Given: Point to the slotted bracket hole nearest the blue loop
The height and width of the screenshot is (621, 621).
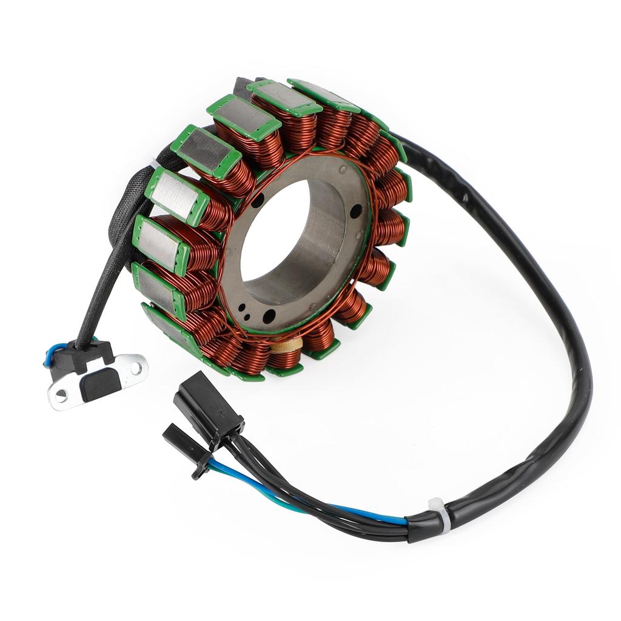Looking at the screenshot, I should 61,395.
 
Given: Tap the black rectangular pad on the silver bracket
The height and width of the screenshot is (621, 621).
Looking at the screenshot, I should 101,384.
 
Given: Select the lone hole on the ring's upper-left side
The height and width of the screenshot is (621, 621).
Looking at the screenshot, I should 258,200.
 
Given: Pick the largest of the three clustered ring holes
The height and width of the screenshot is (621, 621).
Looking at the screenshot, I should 267,316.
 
